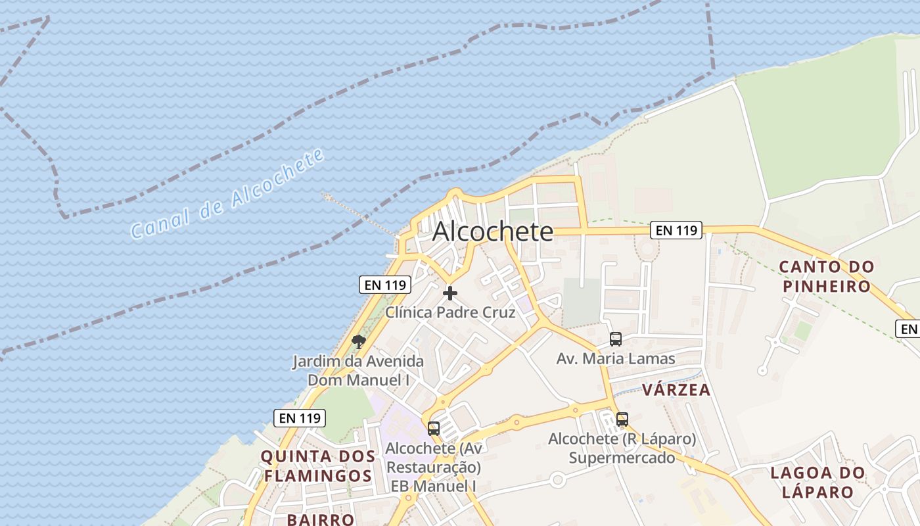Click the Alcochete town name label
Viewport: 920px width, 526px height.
tap(493, 231)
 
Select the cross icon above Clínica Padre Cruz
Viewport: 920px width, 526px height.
tap(450, 293)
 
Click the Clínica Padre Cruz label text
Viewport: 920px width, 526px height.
tap(450, 312)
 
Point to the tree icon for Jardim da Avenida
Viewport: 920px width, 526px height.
tap(358, 341)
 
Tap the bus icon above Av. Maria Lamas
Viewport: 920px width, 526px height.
tap(616, 339)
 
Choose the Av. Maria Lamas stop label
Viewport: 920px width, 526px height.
tap(616, 359)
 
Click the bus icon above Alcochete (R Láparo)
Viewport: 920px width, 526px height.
tap(622, 419)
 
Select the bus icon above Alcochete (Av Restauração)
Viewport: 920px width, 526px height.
tap(434, 429)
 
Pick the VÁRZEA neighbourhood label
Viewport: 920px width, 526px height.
tap(676, 390)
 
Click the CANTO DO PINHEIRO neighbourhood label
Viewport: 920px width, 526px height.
tap(827, 276)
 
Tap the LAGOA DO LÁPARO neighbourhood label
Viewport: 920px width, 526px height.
tap(817, 482)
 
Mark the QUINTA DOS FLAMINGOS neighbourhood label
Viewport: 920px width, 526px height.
tap(318, 466)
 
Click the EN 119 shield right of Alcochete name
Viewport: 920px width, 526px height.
tap(676, 230)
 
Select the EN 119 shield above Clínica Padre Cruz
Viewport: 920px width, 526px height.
tap(385, 285)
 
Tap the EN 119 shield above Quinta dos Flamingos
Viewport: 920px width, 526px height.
tap(300, 418)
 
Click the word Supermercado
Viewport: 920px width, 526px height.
tap(622, 458)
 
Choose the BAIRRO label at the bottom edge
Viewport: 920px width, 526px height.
tap(321, 519)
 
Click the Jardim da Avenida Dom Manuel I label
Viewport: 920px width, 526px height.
tap(358, 370)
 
